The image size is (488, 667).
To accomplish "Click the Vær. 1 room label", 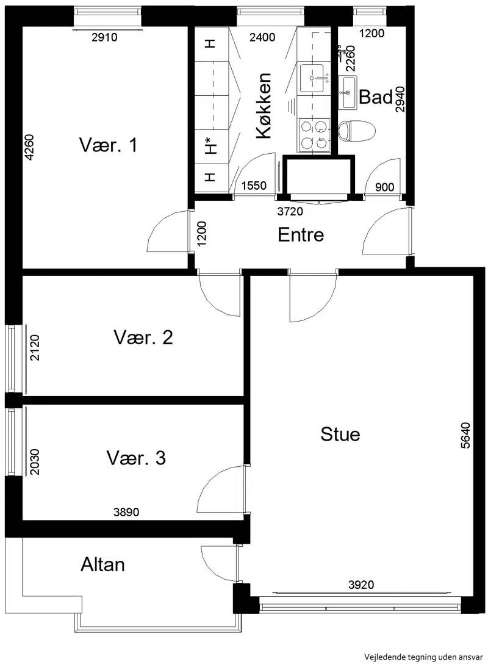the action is coord(109,145).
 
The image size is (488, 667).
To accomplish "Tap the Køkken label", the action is coord(264,106).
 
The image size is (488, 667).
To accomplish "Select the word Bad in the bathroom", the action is coord(376,98).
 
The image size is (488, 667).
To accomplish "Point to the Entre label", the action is coord(301,235).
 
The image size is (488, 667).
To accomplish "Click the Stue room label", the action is coord(340,434).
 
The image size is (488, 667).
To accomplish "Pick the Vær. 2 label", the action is coord(143,337).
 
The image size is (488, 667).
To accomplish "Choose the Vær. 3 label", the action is coord(136,458).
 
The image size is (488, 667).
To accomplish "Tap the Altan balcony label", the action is coord(103,565).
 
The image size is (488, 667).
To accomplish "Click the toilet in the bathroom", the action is coord(357,131).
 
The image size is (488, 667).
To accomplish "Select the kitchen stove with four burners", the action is coord(314,135).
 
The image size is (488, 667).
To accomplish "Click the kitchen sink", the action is coord(314,78).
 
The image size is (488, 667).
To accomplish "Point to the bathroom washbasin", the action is coord(348,92).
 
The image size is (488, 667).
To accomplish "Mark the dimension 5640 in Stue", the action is coord(466,435).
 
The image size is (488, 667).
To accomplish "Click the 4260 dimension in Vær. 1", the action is coord(29,148).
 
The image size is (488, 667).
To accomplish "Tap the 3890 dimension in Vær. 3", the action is coord(126,512).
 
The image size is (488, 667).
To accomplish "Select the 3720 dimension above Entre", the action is coord(290,211).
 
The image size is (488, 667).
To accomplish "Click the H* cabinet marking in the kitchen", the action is coord(210,146).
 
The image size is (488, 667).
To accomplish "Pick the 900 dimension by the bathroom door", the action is coord(385,187).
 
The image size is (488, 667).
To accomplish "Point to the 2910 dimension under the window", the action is coord(104,37).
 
